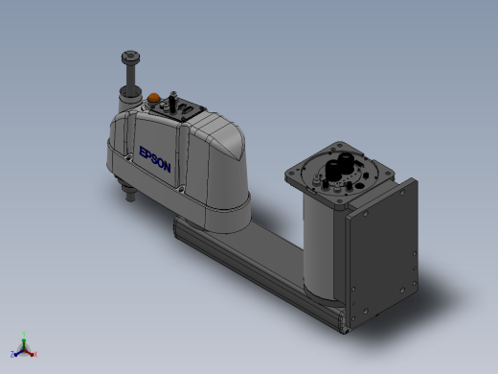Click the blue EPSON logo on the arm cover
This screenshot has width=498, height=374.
(x=155, y=159)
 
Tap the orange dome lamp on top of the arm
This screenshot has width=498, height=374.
(x=153, y=97)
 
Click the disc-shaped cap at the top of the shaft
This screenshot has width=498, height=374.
(x=130, y=58)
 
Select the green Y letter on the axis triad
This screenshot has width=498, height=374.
(x=24, y=335)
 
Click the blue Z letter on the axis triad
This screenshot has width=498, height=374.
(x=12, y=354)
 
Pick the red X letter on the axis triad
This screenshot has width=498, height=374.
(x=35, y=354)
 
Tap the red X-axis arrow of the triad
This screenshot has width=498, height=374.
(x=29, y=353)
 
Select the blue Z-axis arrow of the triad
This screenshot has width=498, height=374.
(x=18, y=353)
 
